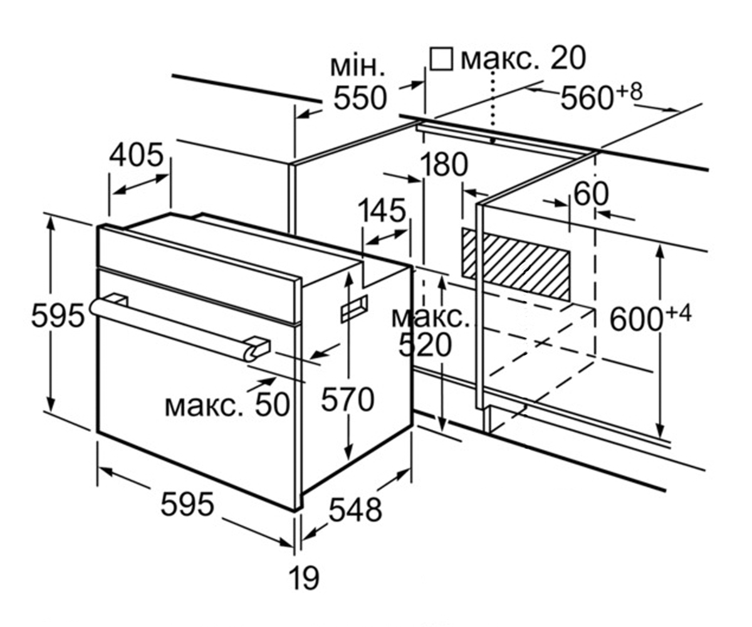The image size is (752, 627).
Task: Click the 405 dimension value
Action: pos(137,155)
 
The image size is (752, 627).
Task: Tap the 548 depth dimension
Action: pos(355,510)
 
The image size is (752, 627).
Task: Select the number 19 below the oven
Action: pos(304,579)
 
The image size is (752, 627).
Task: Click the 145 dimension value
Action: pos(382,211)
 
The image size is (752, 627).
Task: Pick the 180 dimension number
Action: pos(444,165)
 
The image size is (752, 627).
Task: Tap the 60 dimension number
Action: pos(591,194)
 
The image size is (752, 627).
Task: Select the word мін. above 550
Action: pos(357,66)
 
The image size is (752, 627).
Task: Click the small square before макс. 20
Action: pos(441,59)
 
